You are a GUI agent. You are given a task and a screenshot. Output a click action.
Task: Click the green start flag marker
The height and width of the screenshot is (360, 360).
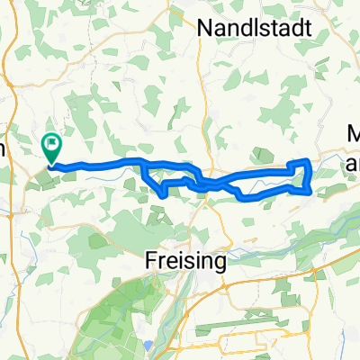click(x=51, y=144)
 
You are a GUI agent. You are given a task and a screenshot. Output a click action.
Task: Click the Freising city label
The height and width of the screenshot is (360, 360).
click(x=184, y=261)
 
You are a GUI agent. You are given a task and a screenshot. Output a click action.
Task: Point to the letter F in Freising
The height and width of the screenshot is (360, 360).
click(x=151, y=261)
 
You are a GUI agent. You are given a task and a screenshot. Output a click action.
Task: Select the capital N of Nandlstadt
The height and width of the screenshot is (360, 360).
click(x=202, y=28)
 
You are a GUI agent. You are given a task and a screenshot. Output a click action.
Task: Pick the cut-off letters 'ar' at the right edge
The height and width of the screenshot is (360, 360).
click(x=353, y=163)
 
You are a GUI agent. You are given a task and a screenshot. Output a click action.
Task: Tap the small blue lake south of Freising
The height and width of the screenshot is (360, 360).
click(x=148, y=345)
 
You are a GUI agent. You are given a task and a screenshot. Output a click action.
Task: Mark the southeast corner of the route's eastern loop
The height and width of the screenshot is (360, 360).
click(x=310, y=190)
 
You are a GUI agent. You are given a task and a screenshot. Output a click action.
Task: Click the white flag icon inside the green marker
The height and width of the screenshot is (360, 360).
click(x=52, y=141)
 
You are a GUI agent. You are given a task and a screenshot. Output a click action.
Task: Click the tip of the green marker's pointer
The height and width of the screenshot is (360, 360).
click(x=51, y=164)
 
